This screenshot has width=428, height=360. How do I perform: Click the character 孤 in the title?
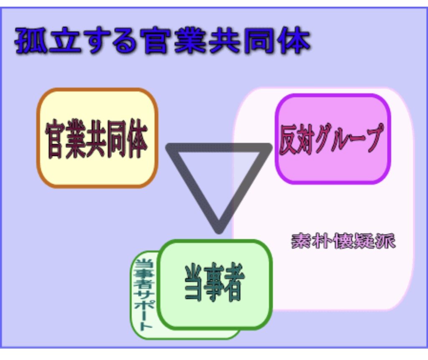click(30, 41)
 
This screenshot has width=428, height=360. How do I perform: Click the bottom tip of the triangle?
click(219, 229)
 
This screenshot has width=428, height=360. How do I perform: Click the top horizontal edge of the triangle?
click(219, 147)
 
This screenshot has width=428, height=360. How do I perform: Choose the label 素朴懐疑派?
click(343, 241)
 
